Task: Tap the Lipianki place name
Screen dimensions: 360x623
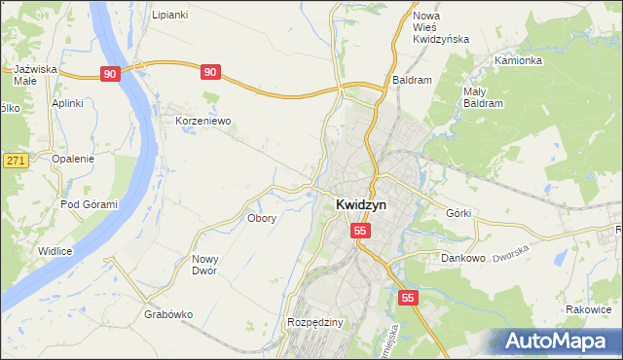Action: (169, 16)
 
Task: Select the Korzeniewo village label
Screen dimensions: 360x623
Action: (202, 122)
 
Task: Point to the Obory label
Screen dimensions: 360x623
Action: (262, 218)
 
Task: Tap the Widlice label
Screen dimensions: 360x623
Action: (55, 251)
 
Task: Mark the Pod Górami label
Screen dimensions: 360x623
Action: (89, 204)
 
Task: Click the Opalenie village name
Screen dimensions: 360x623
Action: (73, 159)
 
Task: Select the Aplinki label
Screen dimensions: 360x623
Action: (68, 103)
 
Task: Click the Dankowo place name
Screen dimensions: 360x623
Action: (463, 259)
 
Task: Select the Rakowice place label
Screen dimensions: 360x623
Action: (588, 309)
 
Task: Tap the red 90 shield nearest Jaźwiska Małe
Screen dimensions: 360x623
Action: (111, 73)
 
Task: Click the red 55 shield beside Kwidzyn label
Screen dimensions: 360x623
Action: (361, 231)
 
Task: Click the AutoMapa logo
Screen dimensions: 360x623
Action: (560, 340)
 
